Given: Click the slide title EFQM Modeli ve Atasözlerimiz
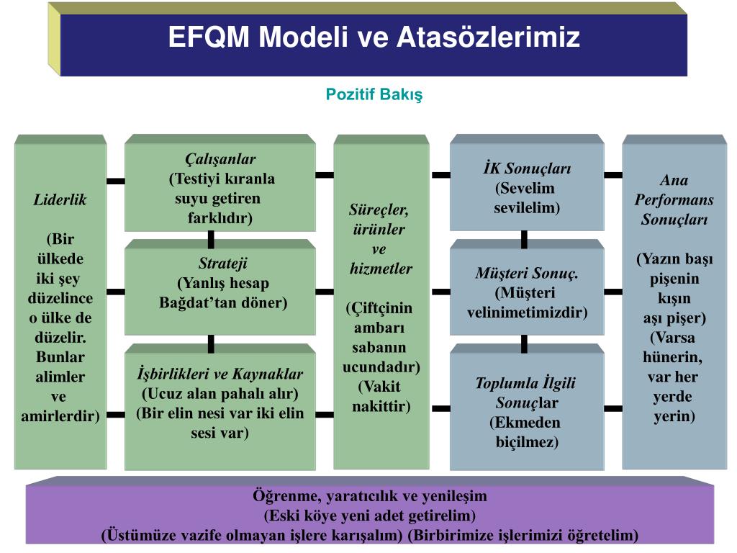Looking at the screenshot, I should click(374, 37).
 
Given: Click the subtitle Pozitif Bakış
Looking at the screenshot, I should click(374, 94).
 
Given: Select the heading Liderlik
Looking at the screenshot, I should click(60, 200).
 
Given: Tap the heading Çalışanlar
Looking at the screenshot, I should click(220, 159).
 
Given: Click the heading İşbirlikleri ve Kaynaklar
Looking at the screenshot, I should click(220, 374).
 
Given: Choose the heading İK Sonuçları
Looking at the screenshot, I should click(527, 169).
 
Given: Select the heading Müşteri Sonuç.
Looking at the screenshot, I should click(527, 273).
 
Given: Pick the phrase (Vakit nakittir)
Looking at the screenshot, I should click(381, 396).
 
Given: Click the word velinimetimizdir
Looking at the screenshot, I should click(527, 313).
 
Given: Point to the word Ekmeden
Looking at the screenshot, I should click(528, 423).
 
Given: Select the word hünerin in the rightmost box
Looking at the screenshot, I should click(672, 357).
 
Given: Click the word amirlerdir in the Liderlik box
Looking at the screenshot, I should click(60, 416).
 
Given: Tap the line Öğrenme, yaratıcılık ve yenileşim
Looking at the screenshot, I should click(370, 496).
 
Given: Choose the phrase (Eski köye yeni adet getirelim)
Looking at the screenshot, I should click(370, 516).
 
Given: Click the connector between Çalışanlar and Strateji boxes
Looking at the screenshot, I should click(211, 240).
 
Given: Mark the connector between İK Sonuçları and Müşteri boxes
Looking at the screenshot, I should click(524, 240).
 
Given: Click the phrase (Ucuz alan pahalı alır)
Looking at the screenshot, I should click(220, 395).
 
